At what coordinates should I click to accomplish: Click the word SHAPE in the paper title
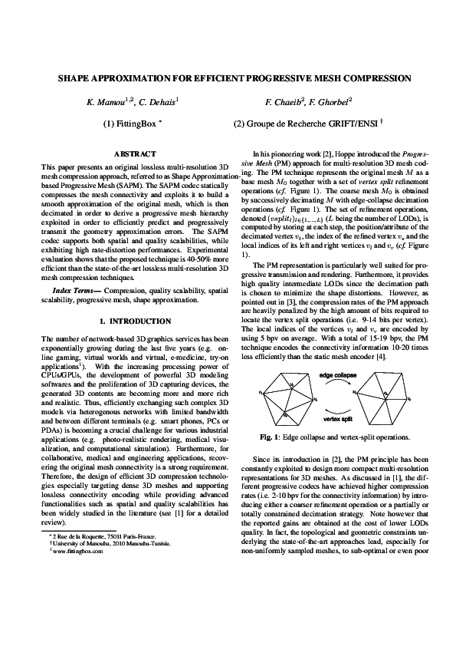pyautogui.click(x=76, y=78)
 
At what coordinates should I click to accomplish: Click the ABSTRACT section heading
pyautogui.click(x=135, y=154)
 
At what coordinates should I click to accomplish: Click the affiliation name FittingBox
pyautogui.click(x=135, y=123)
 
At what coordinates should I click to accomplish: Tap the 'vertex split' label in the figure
pyautogui.click(x=336, y=420)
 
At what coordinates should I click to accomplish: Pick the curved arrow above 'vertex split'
pyautogui.click(x=336, y=410)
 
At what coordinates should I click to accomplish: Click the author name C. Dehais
pyautogui.click(x=160, y=101)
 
